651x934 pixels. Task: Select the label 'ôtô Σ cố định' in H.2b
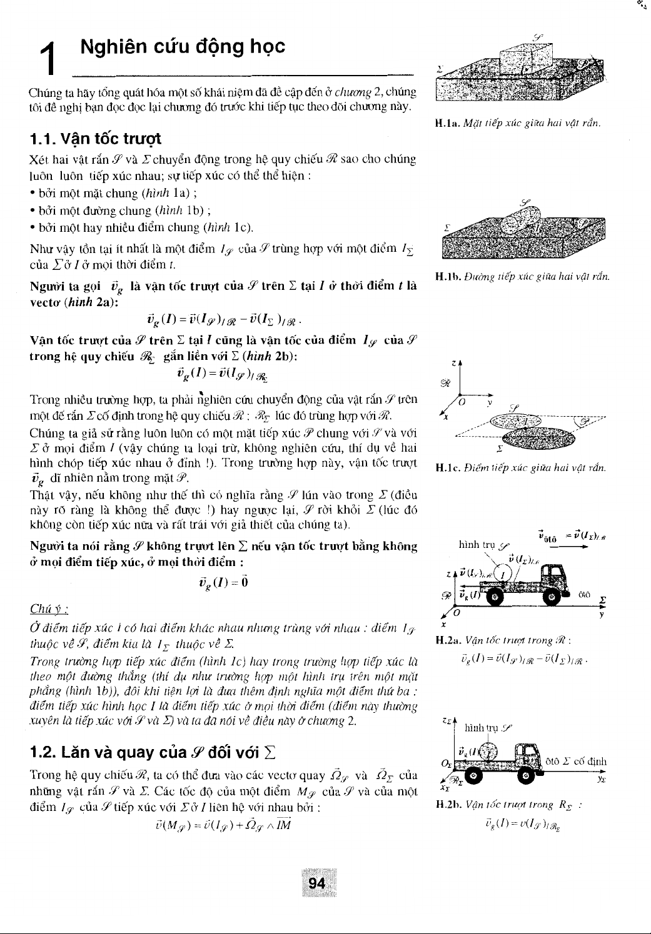(x=576, y=762)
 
